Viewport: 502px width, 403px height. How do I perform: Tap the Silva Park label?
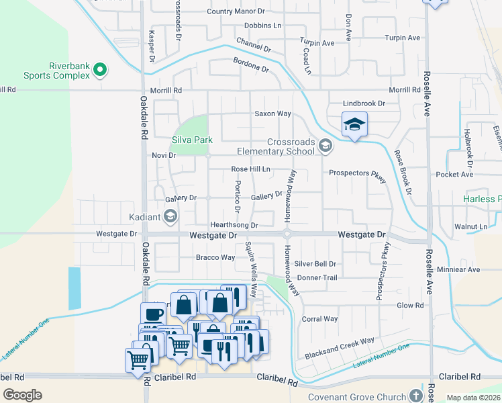pos(192,140)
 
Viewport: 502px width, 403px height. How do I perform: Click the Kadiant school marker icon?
pos(171,216)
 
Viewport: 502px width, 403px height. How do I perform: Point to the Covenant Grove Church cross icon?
pos(416,396)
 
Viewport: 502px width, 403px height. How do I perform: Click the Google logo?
pos(22,395)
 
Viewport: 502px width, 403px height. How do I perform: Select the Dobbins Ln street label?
pos(262,26)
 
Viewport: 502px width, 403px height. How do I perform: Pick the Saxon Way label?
pos(272,114)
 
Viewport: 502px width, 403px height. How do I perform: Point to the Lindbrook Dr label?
pos(364,103)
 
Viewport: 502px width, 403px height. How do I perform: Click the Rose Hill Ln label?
pos(250,169)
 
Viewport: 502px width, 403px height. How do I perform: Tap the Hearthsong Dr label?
pos(234,225)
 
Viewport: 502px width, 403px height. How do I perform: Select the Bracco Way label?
pos(215,257)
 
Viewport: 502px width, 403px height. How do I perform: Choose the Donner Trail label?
pos(317,277)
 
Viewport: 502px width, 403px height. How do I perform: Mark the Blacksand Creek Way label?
pos(339,349)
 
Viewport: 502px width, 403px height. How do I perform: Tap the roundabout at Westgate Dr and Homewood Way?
pos(287,234)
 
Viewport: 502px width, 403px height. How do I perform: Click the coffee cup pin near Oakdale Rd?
pos(151,313)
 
